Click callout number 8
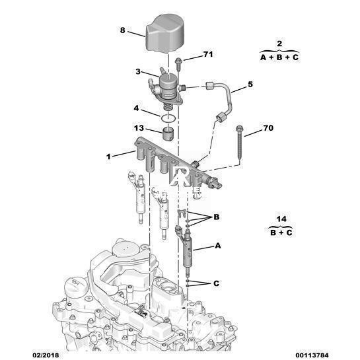[123, 30]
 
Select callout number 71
[208, 54]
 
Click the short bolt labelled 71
[178, 64]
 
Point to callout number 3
[138, 71]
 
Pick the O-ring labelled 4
[168, 119]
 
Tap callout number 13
[139, 128]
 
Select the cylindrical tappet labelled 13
[168, 134]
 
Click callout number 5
[250, 85]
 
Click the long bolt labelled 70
[239, 143]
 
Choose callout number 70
[268, 128]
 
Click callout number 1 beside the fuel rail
[108, 157]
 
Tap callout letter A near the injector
[218, 246]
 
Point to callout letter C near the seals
[216, 283]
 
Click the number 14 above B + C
[281, 219]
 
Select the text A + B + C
[279, 57]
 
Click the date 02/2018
[46, 355]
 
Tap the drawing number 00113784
[312, 355]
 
